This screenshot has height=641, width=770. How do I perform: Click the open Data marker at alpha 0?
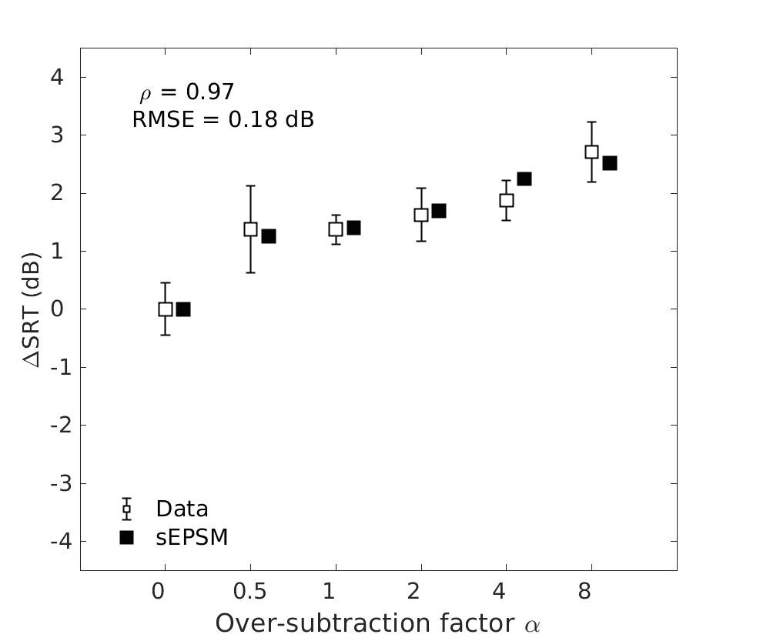pos(165,309)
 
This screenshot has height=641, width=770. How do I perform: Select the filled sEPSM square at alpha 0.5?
pos(268,236)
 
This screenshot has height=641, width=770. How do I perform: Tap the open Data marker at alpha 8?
pos(591,152)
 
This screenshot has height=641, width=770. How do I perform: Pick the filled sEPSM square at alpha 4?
pos(524,179)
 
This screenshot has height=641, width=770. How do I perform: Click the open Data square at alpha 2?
pos(421,215)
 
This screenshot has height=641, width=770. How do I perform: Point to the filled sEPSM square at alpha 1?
pos(353,228)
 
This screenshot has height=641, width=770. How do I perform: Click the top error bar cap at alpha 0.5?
pos(250,185)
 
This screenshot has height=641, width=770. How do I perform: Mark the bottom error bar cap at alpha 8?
pos(591,182)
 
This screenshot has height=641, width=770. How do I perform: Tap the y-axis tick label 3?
pos(57,135)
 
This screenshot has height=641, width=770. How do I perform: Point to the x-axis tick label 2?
pos(414,592)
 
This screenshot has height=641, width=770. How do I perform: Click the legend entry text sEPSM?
pos(192,537)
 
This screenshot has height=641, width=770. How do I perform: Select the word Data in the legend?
pos(182,509)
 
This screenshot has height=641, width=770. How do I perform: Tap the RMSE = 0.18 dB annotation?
pos(223,120)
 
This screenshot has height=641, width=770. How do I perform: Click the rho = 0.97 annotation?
pos(186,92)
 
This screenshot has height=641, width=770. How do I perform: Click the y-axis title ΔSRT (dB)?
pos(32,309)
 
